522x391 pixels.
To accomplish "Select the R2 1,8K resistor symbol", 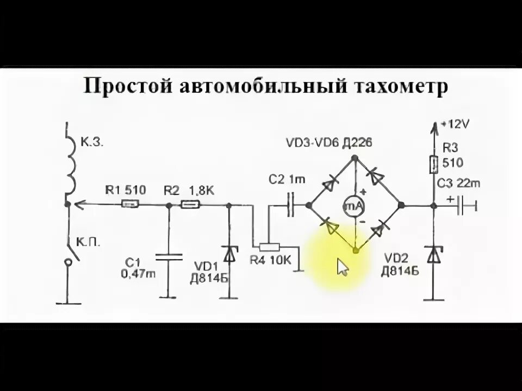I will (190, 205).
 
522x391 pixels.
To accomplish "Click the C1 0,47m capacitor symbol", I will (169, 256).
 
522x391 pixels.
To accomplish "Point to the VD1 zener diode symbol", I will (229, 254).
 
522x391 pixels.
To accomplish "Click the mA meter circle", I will (355, 205).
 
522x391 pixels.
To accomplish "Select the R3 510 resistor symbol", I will (434, 163).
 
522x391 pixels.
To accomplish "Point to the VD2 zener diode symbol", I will (434, 254).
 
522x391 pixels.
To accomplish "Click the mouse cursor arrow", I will (342, 267).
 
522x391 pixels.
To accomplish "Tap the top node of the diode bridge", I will (355, 158).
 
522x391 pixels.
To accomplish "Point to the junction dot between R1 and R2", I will (169, 205).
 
